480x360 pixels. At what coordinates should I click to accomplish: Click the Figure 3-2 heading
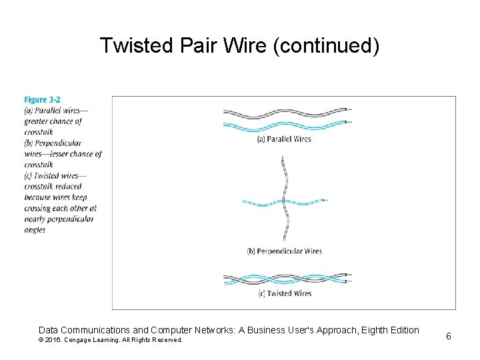42,100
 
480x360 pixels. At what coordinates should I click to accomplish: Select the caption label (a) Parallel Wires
284,139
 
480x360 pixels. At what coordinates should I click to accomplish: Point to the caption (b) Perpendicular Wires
284,251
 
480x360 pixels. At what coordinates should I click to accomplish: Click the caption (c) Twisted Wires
284,293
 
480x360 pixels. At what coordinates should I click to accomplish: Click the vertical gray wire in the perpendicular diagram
285,180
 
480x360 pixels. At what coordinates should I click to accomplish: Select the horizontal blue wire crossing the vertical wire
263,201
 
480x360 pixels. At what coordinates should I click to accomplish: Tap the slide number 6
449,336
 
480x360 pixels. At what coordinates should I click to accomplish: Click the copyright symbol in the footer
41,340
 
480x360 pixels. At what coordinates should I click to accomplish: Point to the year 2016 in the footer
52,340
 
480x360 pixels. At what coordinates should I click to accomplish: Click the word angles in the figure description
35,230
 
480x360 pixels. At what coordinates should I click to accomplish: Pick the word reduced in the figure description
68,187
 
